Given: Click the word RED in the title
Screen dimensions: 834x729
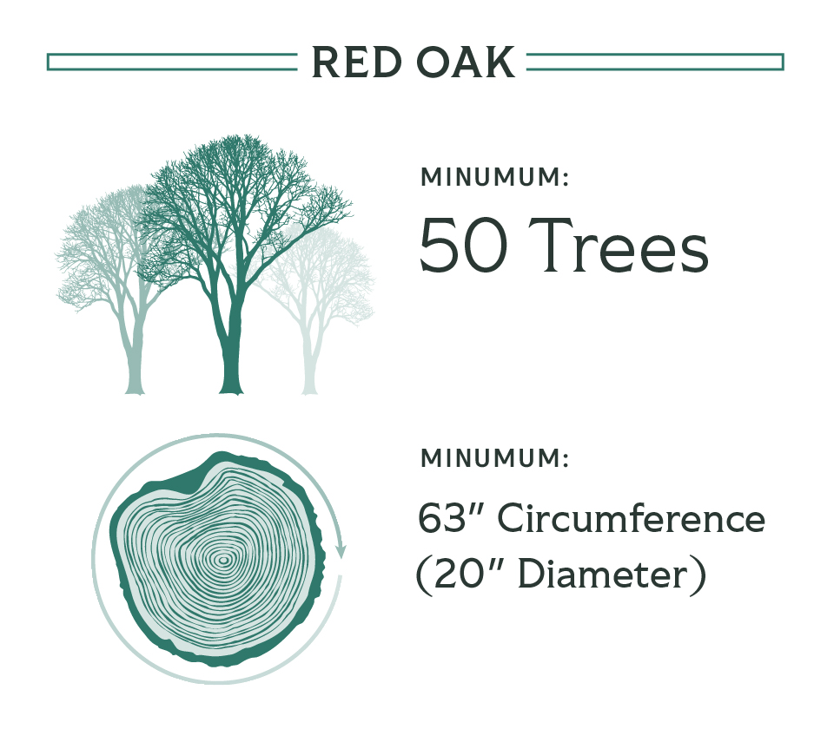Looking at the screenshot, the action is click(356, 62).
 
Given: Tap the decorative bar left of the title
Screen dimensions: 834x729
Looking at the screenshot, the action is click(172, 62).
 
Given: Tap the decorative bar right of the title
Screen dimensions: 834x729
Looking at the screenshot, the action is click(655, 62).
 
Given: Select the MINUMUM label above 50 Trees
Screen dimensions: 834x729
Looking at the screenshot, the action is click(494, 177).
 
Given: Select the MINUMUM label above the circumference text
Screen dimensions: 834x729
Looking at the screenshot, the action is click(494, 458).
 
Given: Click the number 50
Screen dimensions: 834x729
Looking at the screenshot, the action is click(463, 246).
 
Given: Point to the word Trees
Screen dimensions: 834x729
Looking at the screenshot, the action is click(619, 246).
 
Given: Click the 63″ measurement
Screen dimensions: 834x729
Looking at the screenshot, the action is click(449, 518).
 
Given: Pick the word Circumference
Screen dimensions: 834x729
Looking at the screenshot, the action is click(632, 518).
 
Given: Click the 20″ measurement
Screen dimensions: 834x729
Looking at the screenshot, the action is click(467, 575).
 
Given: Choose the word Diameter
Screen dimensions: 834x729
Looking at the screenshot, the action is click(603, 575).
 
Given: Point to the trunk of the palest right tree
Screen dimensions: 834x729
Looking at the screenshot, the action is click(309, 361).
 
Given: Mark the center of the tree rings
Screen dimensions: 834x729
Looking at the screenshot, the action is click(223, 560).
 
